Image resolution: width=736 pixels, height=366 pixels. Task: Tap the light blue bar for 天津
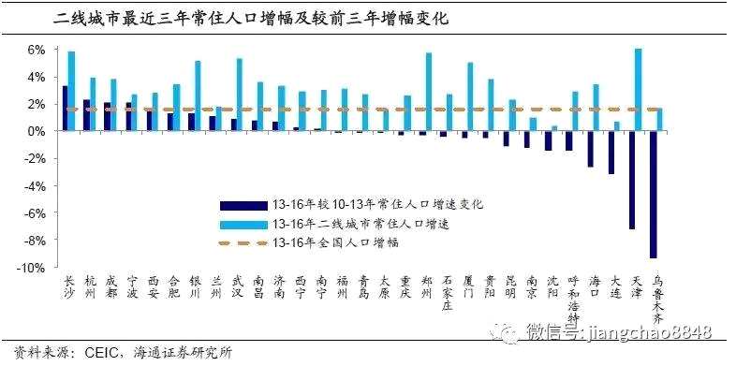click(638, 90)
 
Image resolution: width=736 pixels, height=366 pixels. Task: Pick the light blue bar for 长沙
click(71, 91)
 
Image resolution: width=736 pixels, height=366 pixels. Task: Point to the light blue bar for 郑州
click(429, 92)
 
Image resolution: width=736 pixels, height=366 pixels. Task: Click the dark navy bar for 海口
click(590, 149)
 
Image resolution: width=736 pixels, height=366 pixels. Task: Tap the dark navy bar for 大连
click(611, 153)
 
